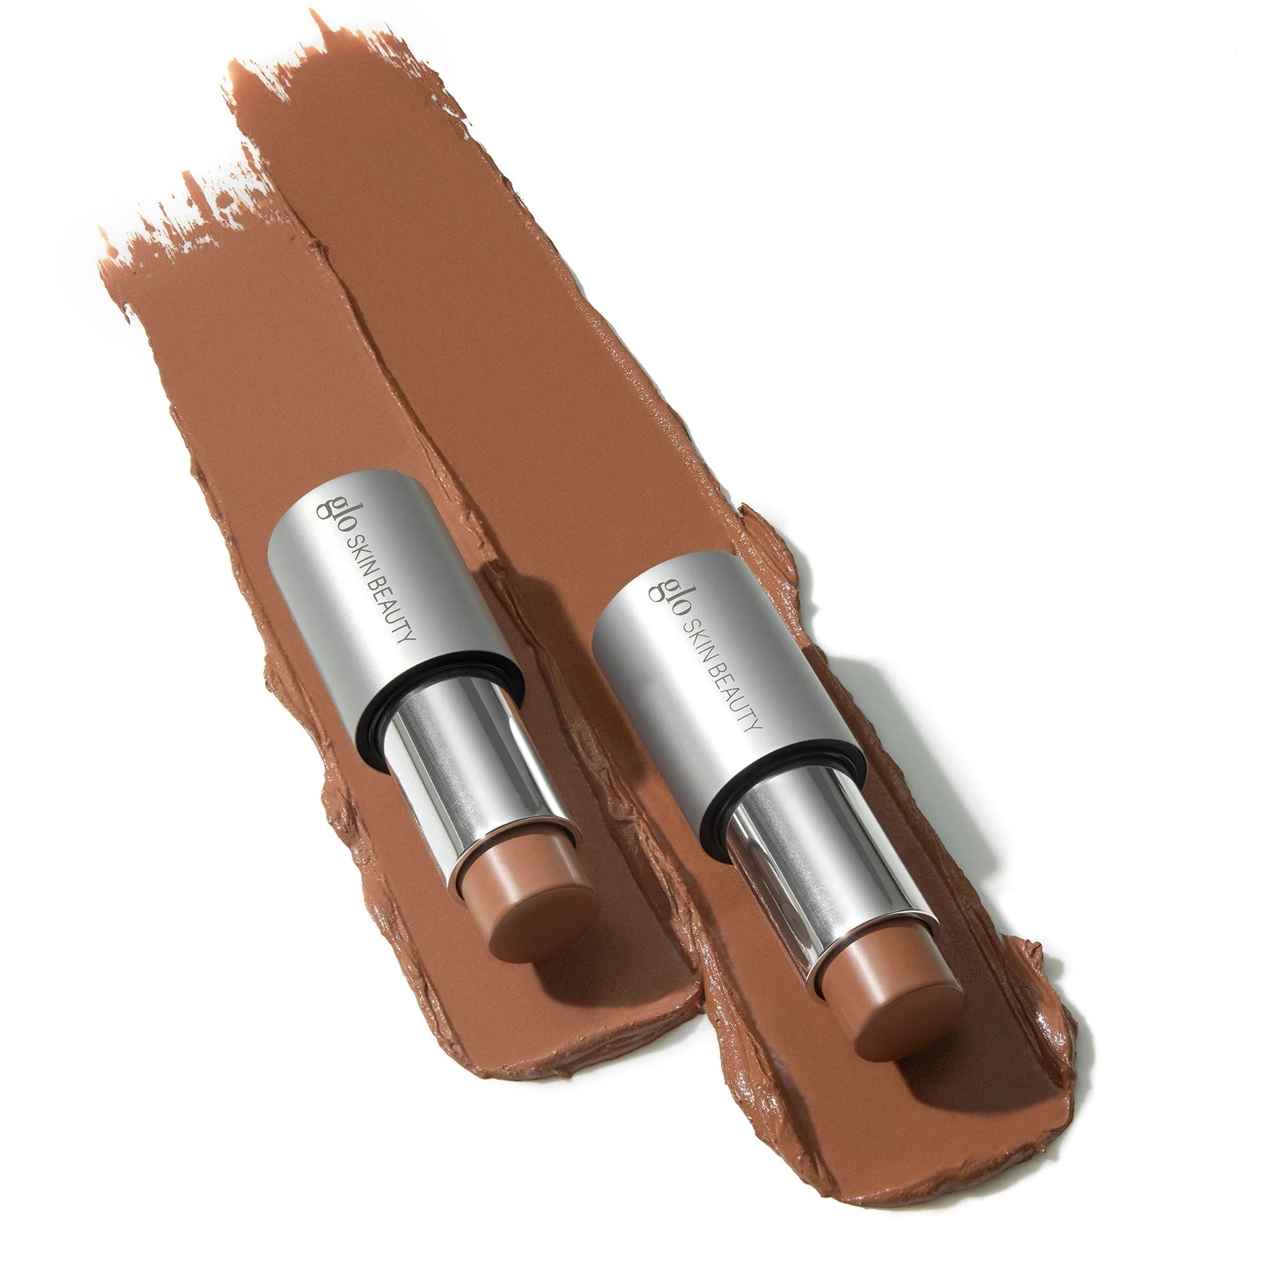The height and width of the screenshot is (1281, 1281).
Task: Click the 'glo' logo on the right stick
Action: [662, 582]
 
